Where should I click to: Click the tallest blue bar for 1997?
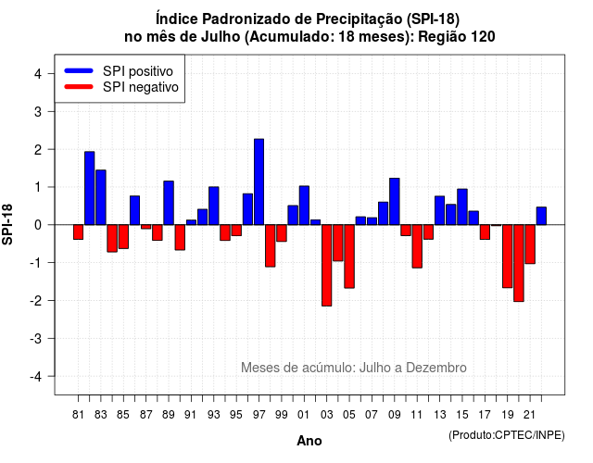pos(259,181)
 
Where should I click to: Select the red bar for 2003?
pos(327,266)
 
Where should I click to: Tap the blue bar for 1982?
pos(90,188)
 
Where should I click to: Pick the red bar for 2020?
pos(519,263)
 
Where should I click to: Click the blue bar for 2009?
pos(395,202)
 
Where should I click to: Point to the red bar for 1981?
pos(78,232)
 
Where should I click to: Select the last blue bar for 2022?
pos(541,216)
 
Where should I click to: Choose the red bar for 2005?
pos(349,257)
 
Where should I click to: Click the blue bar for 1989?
pos(169,203)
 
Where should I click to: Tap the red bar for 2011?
pos(417,246)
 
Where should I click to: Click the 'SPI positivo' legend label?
pos(138,71)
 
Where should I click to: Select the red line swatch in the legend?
pos(79,86)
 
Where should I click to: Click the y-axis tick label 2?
pos(38,150)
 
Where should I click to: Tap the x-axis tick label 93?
pos(214,415)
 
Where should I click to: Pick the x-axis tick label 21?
pos(529,415)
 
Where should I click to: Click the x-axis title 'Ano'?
pos(309,441)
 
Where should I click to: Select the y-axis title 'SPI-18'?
pos(7,224)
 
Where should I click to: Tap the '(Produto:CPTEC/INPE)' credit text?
pos(507,435)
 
